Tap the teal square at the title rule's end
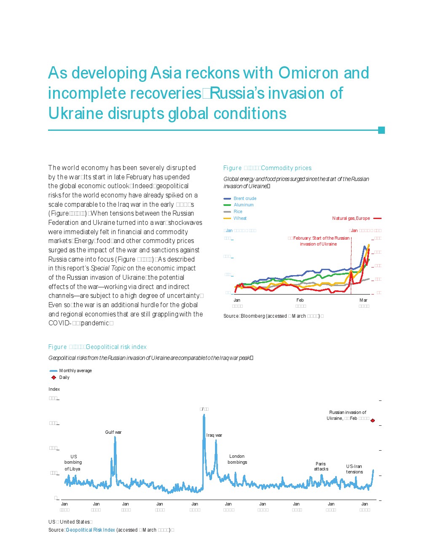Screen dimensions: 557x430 382,130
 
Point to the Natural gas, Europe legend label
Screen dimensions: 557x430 351,219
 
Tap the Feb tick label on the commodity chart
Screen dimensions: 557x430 300,300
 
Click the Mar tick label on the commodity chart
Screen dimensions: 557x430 363,300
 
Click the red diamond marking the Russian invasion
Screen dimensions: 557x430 373,420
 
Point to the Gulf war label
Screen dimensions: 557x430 113,432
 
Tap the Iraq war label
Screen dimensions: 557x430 214,435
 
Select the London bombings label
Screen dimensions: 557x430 237,459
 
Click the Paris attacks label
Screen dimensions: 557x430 321,466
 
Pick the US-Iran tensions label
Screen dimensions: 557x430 354,469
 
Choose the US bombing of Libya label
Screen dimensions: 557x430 73,462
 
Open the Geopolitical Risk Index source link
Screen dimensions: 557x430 90,530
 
